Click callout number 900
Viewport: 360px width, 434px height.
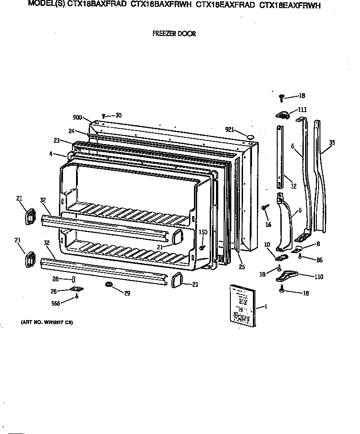(77, 118)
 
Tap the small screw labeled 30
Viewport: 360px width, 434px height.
(103, 116)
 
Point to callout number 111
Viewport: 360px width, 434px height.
(302, 110)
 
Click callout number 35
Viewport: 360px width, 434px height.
(332, 143)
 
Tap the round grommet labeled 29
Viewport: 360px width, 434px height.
(108, 285)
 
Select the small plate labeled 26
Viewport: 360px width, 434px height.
(76, 290)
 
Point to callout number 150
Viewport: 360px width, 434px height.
(203, 232)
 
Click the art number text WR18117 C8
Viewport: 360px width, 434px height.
(47, 322)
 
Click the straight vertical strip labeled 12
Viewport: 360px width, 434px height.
(280, 158)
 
